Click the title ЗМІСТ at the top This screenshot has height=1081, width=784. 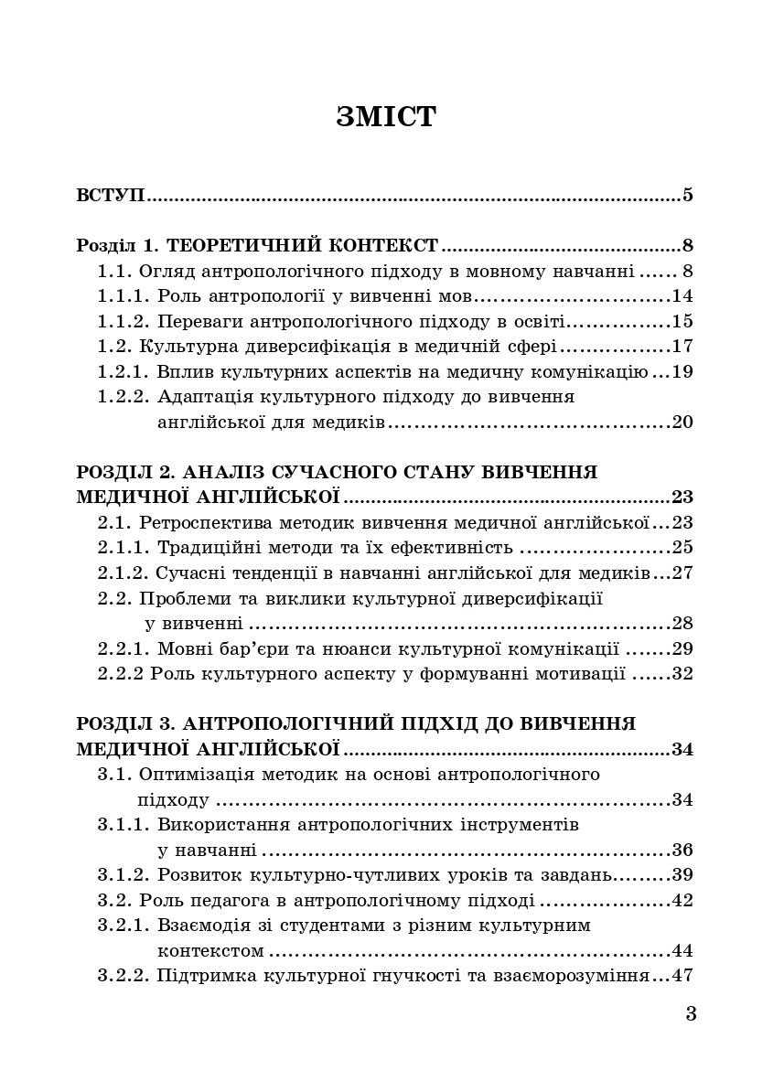(x=386, y=117)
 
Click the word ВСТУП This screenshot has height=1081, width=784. (x=111, y=195)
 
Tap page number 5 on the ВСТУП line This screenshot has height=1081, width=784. (x=687, y=195)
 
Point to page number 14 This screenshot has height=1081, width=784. (x=682, y=296)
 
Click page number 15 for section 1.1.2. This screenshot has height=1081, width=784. (x=682, y=322)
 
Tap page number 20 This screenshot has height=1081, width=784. (x=682, y=423)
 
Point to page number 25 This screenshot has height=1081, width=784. (x=682, y=549)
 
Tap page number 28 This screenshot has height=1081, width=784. (x=682, y=625)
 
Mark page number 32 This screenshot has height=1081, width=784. (x=682, y=675)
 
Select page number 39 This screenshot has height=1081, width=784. (x=682, y=874)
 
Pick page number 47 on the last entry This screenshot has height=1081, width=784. (x=682, y=975)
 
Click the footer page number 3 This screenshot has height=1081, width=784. (x=691, y=1013)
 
